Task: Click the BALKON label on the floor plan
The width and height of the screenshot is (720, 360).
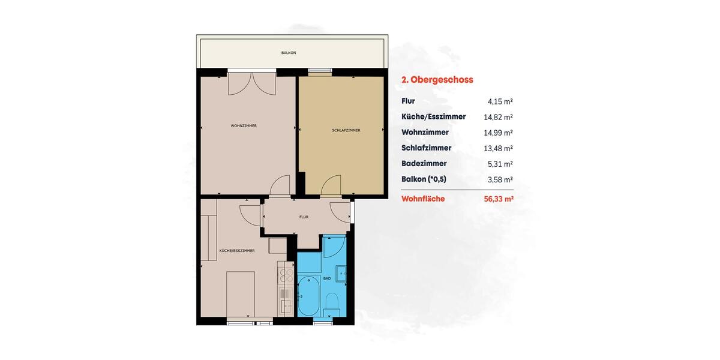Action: [289, 53]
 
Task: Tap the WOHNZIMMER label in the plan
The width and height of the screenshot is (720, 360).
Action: [244, 126]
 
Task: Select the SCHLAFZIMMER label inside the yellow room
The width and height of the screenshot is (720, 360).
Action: [346, 130]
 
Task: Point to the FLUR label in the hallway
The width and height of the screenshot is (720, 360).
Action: [304, 217]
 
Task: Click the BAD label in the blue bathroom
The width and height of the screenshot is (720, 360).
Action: [327, 278]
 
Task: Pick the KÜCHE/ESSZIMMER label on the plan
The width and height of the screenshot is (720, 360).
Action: [237, 250]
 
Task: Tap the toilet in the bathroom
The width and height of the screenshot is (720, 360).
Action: [332, 301]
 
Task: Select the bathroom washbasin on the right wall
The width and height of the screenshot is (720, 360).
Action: [342, 274]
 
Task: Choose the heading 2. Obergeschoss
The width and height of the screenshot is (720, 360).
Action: [437, 79]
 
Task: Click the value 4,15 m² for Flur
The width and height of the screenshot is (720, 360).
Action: [500, 102]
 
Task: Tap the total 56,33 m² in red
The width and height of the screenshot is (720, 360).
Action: [498, 199]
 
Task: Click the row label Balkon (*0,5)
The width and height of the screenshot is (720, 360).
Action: [424, 179]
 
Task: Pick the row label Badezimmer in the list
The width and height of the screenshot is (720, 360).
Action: [424, 163]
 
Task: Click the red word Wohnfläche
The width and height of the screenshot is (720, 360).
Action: [423, 199]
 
